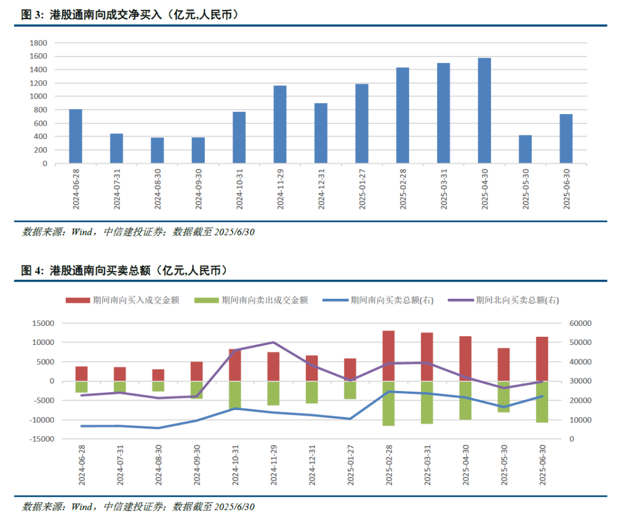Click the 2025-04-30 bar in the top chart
point(485,110)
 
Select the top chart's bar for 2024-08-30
point(157,150)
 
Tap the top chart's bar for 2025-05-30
point(525,149)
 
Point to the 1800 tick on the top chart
point(39,43)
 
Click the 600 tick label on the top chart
point(40,123)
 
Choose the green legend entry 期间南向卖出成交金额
point(252,300)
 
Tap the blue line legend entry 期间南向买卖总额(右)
point(378,300)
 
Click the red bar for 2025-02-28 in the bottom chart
point(389,355)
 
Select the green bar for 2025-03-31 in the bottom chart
point(427,402)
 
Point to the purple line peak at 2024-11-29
point(273,342)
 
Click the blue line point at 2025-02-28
point(389,392)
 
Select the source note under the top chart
point(138,232)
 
